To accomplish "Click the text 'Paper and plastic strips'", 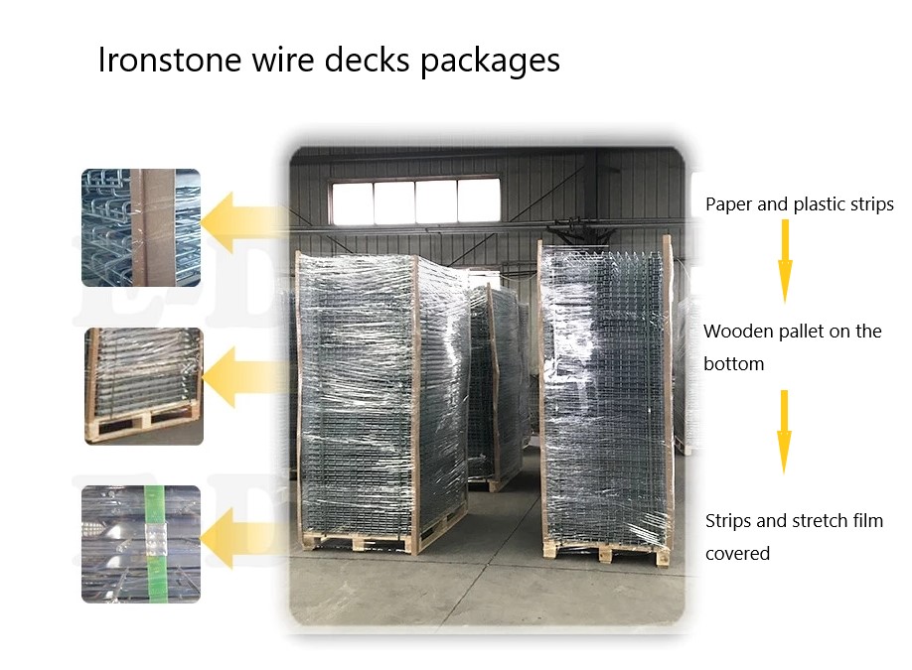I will coord(799,205).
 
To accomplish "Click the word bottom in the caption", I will coord(733,364).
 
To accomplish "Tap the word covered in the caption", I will coord(737,554).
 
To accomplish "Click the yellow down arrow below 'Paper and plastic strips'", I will coord(784,260).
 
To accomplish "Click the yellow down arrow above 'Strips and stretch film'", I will coord(784,431).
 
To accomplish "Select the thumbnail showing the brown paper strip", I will coord(141,227).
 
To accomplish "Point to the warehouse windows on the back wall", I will coord(415,201).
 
